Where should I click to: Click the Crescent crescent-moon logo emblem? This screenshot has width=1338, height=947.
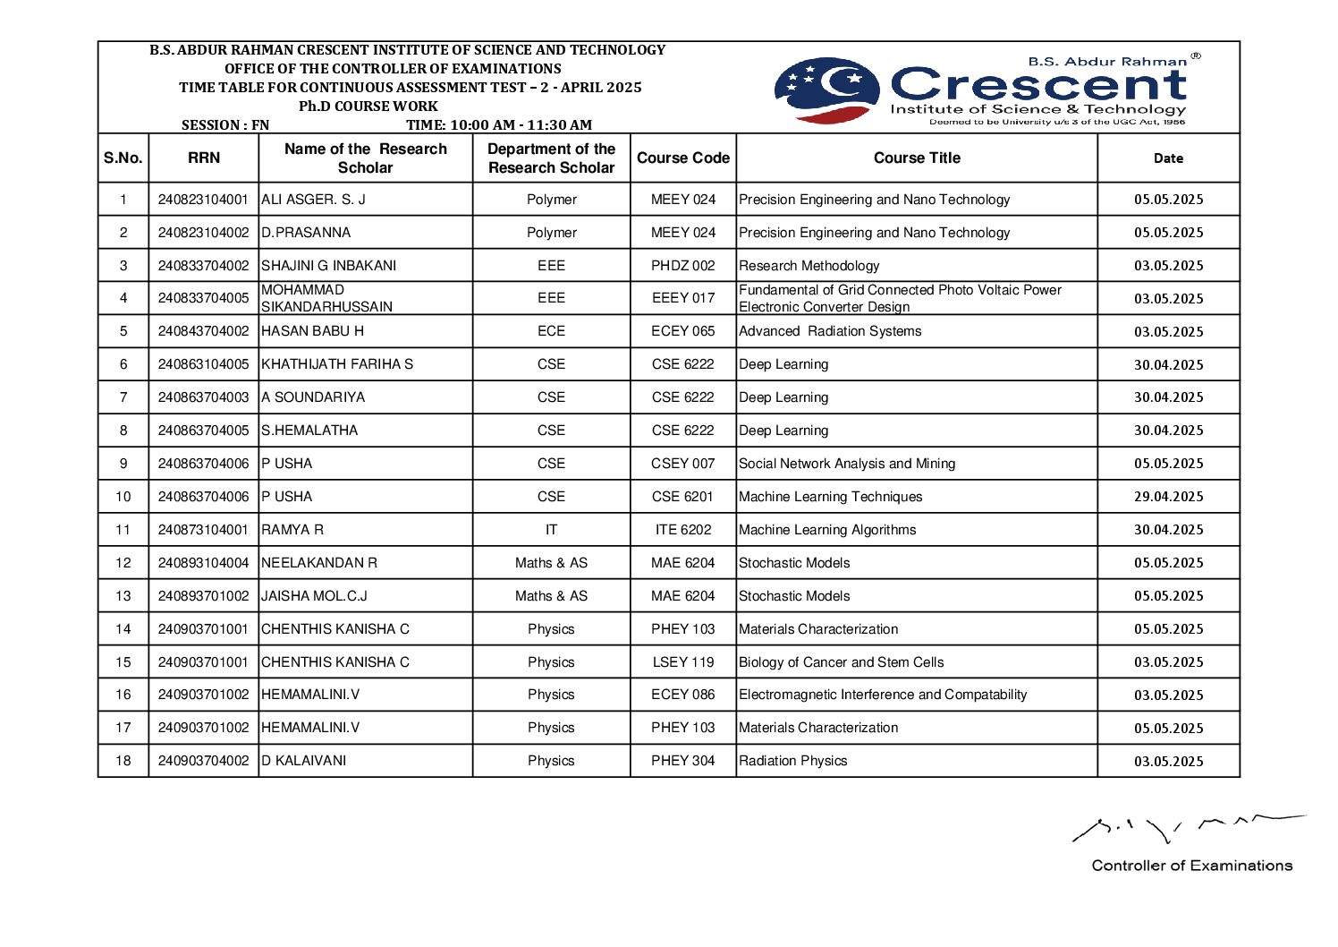coord(826,90)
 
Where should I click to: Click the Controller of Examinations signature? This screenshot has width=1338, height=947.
coord(1188,829)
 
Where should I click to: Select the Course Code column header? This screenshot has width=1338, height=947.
coord(682,158)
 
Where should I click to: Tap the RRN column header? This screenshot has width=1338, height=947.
coord(203,158)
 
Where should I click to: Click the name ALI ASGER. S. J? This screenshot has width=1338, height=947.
coord(313,200)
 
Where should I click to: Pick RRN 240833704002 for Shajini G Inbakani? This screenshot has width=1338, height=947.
coord(203,266)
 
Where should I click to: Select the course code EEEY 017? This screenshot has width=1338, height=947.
coord(682,298)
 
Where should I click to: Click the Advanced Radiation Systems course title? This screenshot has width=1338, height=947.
coord(829,331)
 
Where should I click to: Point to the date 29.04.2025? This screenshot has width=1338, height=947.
coord(1168,497)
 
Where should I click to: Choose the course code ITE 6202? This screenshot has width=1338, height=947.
coord(682,530)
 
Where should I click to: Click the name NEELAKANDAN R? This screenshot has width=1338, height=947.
coord(319,563)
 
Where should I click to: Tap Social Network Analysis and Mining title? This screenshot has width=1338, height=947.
coord(846,464)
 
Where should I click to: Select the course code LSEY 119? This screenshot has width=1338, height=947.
coord(682,662)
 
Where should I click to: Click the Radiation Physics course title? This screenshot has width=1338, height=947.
coord(792,761)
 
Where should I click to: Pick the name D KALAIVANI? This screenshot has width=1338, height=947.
coord(303,761)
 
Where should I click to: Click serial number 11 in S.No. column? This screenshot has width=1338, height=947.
coord(123,530)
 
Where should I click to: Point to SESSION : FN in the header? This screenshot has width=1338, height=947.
coord(224,125)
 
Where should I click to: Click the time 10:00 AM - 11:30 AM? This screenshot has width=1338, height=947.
coord(499,125)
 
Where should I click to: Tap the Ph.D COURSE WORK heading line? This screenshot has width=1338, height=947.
coord(368,107)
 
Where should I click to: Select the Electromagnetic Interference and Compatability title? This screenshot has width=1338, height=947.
coord(882,695)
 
